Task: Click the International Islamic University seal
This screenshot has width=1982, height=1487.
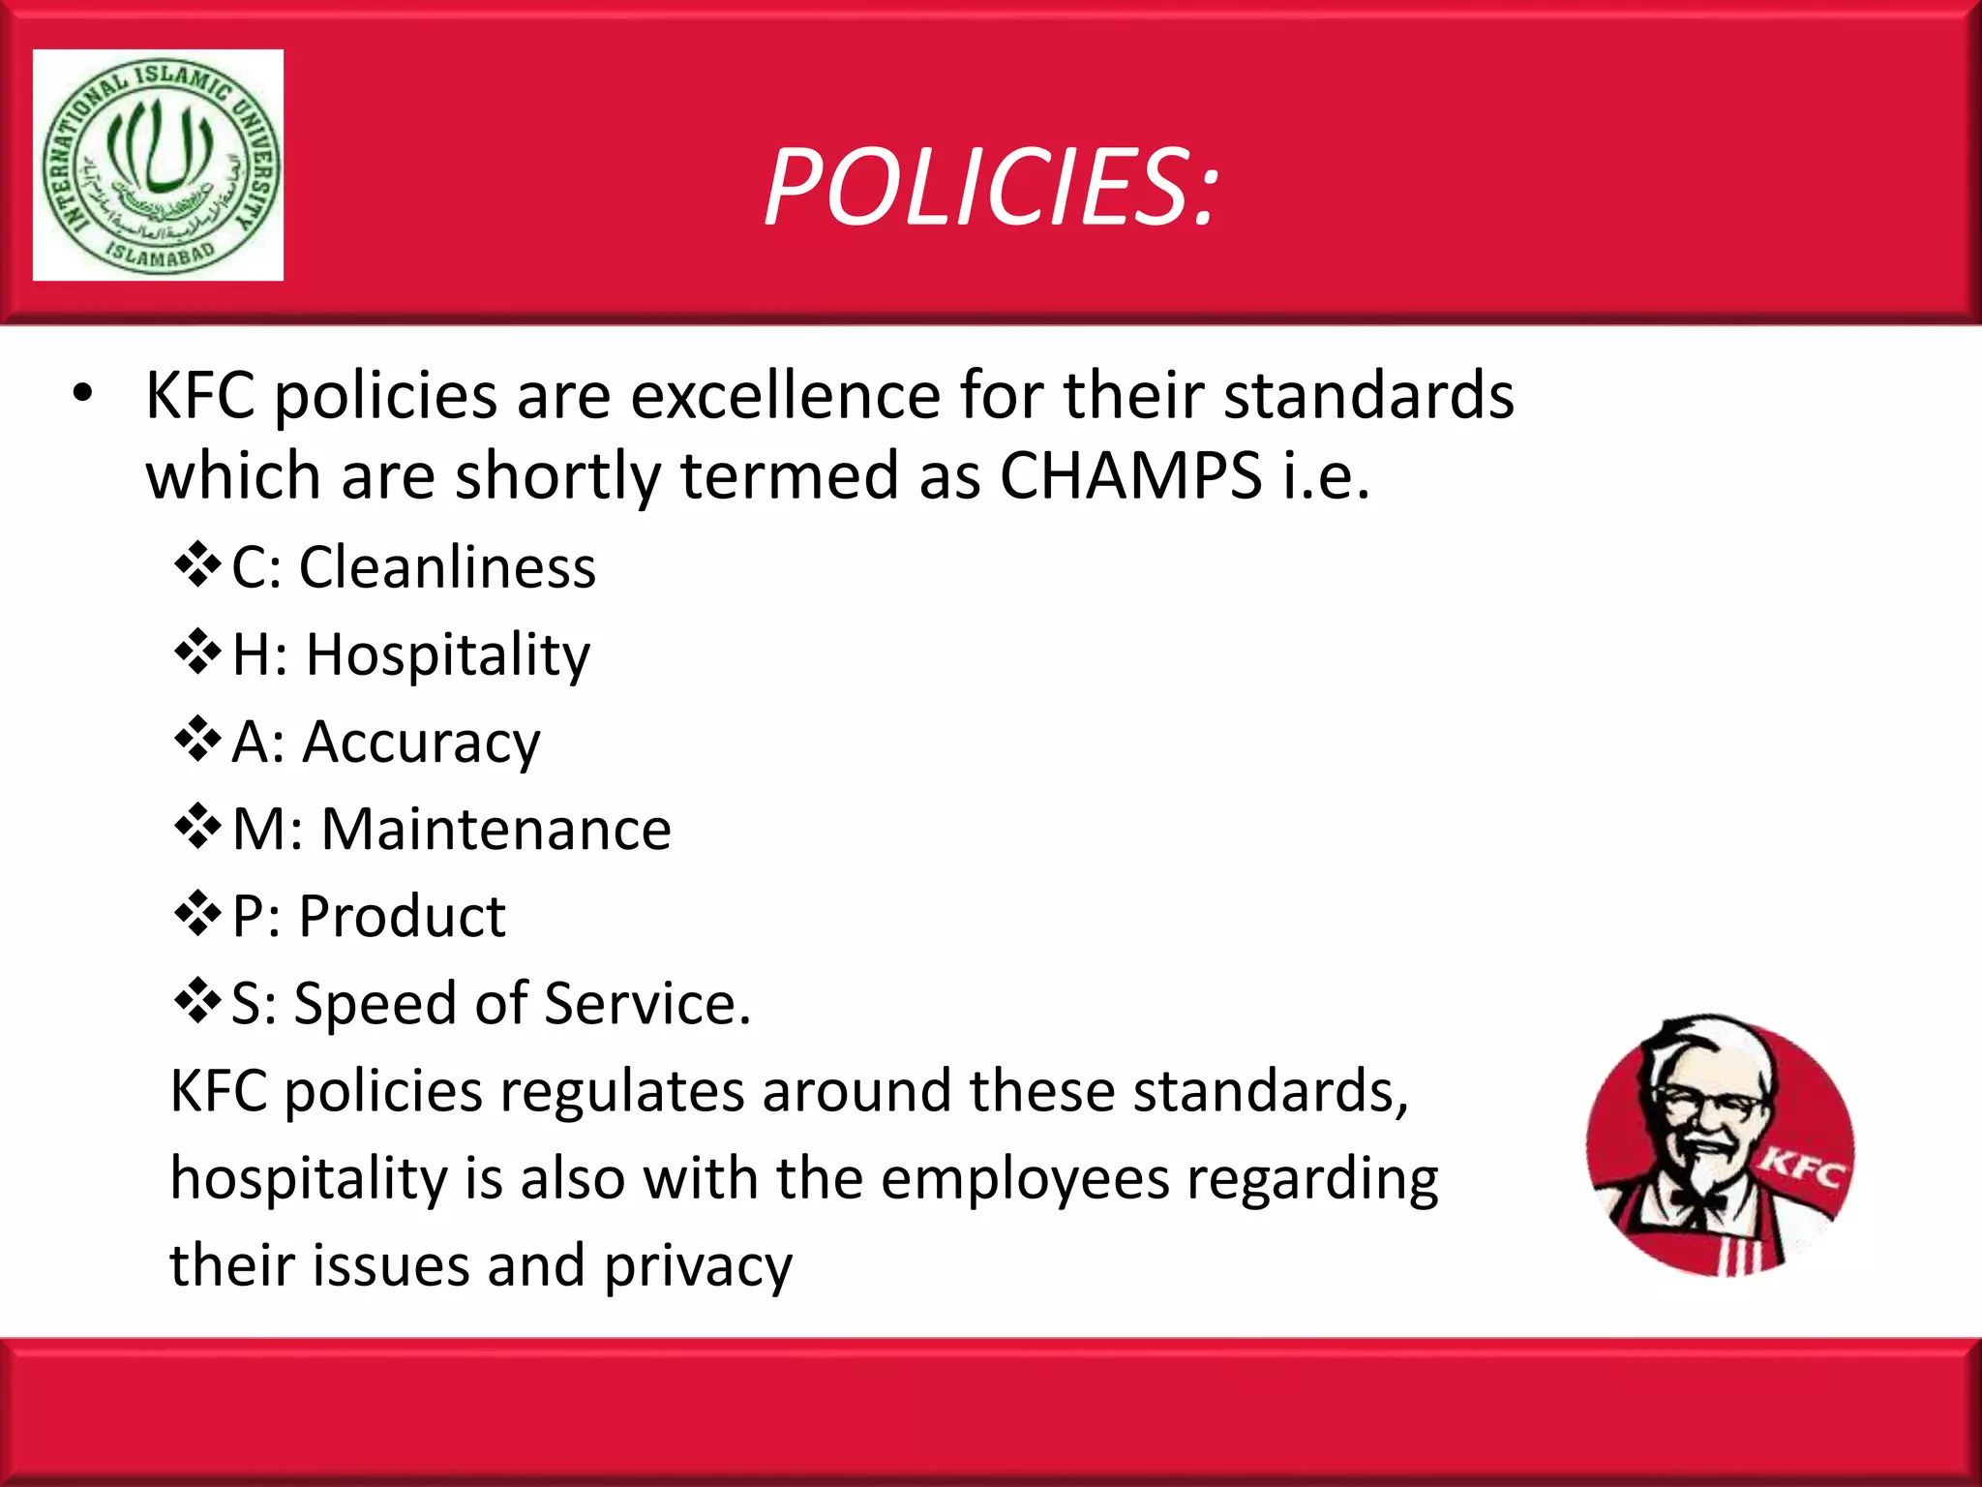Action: (159, 166)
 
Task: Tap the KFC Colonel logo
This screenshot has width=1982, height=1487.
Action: (1719, 1146)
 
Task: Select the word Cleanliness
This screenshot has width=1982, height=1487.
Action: (447, 567)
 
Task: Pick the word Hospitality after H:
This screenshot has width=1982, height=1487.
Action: (447, 655)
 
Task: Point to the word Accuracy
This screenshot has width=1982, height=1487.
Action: (421, 743)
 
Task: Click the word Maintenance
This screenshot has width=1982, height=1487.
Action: (495, 830)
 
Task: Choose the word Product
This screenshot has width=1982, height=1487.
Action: (402, 917)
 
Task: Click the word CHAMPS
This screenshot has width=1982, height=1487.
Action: (1130, 475)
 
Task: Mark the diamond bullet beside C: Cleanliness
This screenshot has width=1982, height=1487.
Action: (197, 565)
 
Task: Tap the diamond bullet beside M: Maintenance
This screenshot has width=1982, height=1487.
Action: (197, 828)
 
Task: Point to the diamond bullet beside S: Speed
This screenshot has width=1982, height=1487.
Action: (197, 1002)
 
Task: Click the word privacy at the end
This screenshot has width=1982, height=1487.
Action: (698, 1266)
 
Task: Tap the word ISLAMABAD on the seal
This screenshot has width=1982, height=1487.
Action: (160, 256)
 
